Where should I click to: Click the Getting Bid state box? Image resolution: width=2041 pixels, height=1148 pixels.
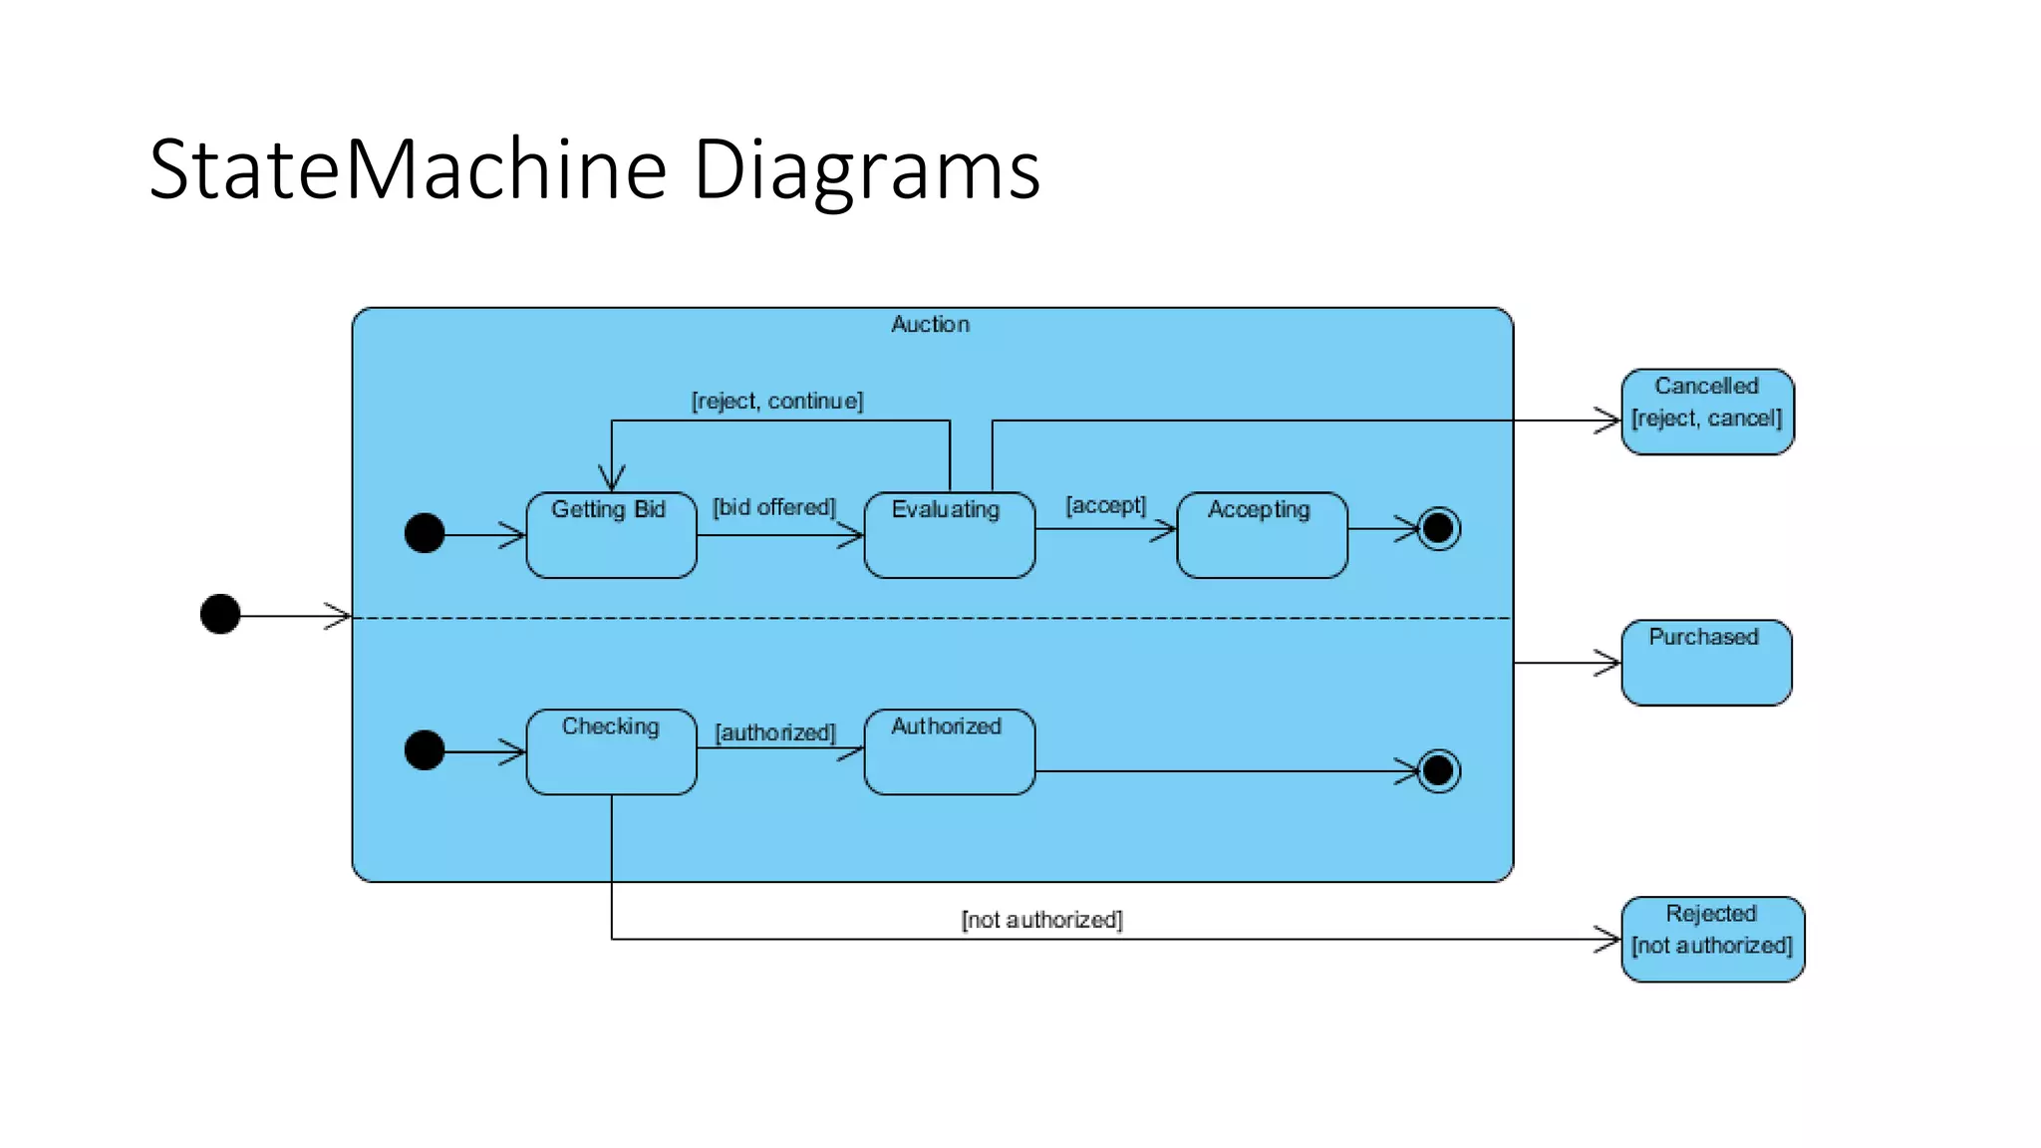611,535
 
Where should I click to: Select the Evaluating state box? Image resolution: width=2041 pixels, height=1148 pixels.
949,535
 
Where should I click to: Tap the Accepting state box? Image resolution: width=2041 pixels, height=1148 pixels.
1262,535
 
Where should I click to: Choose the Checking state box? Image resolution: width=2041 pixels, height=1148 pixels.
611,752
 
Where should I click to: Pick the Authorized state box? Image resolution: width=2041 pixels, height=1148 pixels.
949,752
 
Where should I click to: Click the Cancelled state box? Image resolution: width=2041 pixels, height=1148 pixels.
1707,412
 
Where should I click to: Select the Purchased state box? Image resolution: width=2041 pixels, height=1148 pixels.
1706,663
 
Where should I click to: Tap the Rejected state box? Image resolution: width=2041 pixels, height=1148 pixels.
1712,939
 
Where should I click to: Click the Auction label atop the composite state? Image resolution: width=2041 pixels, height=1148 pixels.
930,324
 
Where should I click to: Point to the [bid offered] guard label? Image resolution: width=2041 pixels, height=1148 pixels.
774,507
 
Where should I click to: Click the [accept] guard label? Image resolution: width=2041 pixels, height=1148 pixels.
1106,505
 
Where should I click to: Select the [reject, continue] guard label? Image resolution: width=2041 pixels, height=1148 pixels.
777,401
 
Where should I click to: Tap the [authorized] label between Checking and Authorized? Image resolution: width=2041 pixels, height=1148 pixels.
775,732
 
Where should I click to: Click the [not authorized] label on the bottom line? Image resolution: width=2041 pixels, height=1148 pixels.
1041,920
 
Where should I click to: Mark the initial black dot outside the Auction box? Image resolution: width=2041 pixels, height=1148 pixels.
220,614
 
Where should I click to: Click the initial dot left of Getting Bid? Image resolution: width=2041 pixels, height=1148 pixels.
425,533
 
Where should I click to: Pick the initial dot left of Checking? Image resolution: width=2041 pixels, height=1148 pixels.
425,750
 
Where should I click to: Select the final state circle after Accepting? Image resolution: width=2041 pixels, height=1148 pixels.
1438,528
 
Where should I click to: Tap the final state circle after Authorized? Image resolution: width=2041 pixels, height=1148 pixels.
1438,770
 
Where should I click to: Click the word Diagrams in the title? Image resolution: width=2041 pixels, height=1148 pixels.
866,169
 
